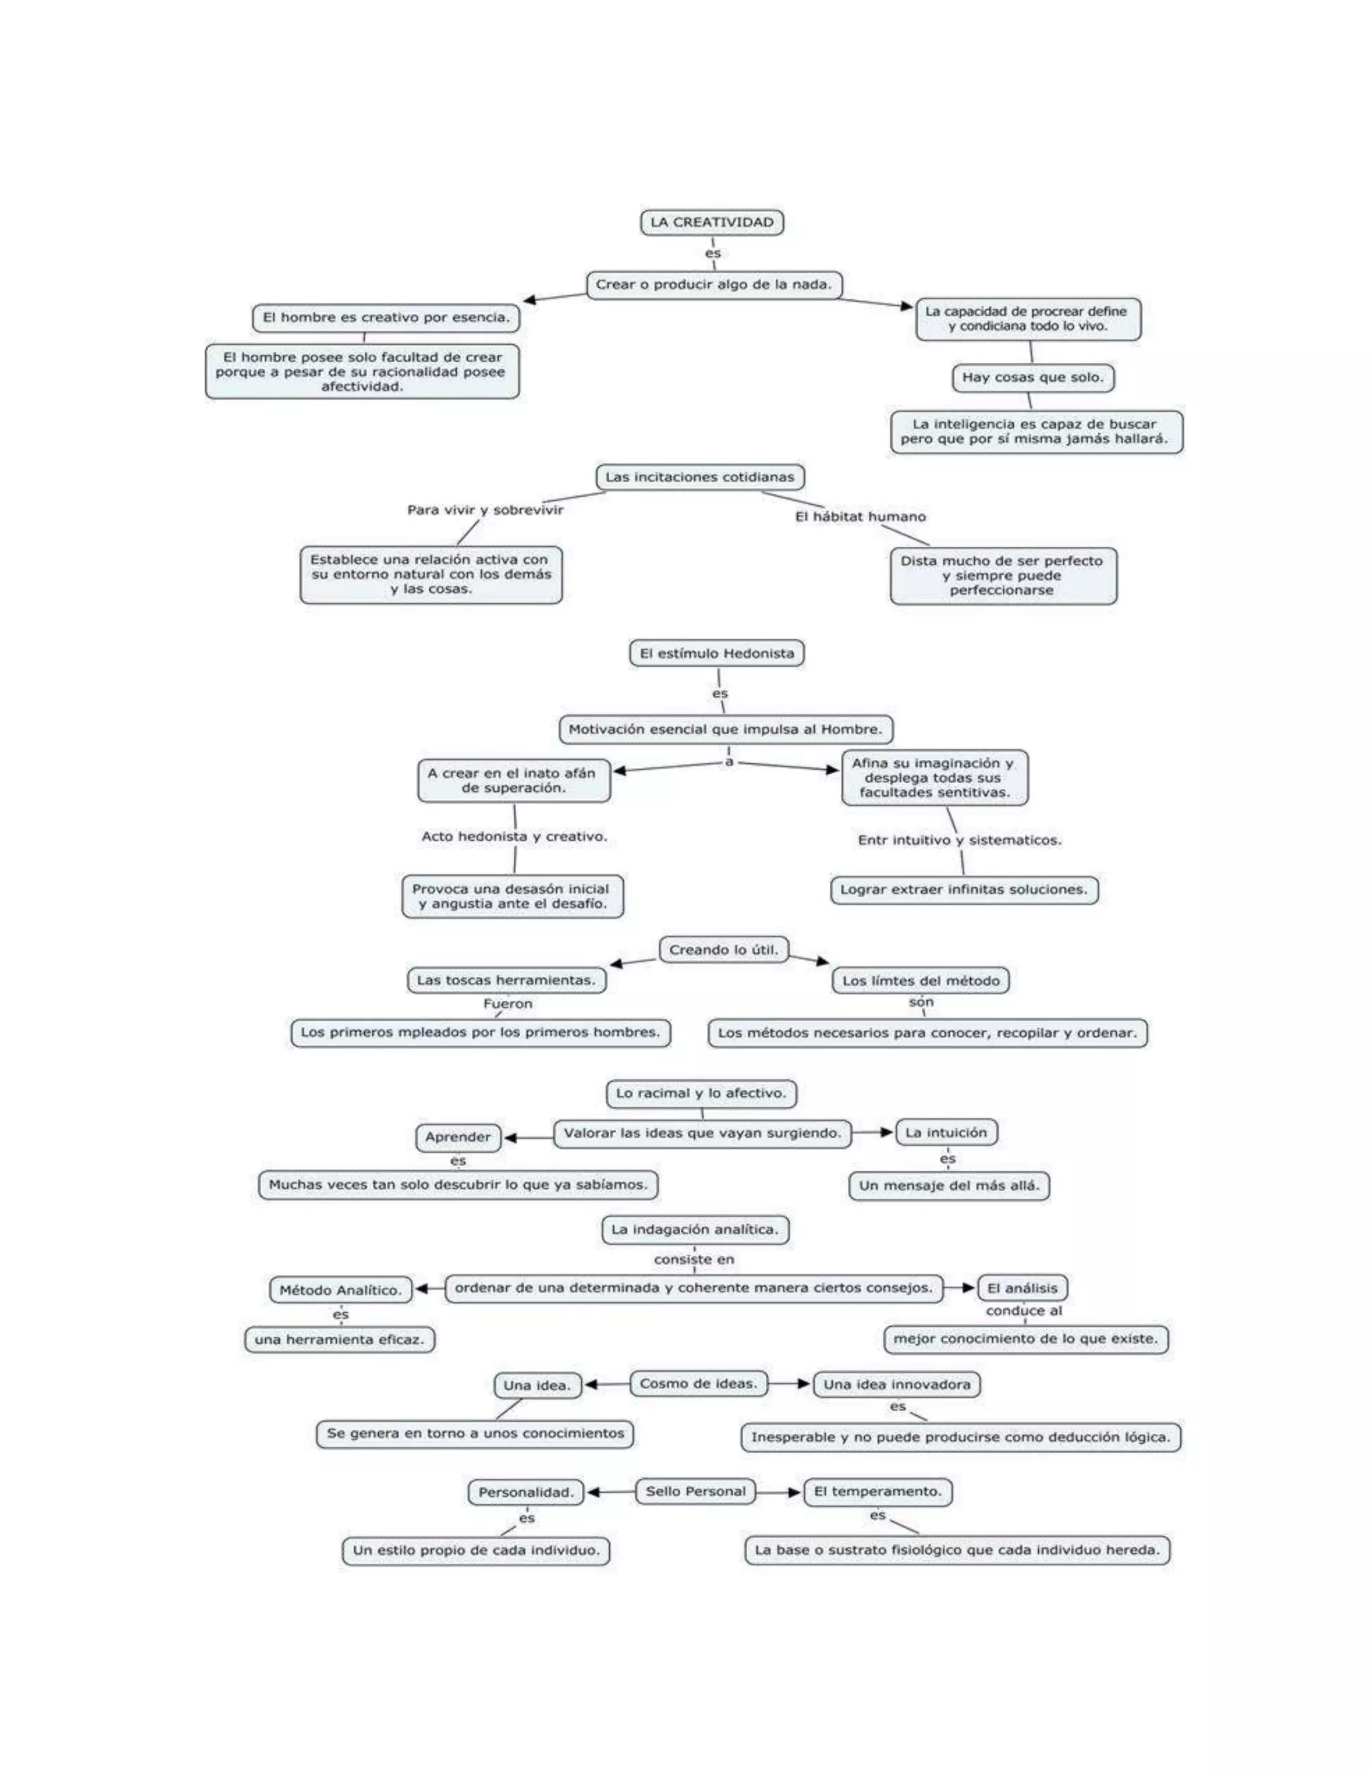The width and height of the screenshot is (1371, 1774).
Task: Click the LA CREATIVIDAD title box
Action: pyautogui.click(x=712, y=222)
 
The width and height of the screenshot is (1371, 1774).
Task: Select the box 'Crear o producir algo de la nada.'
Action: pyautogui.click(x=714, y=285)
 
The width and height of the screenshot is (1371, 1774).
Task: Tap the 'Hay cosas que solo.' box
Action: pyautogui.click(x=1032, y=378)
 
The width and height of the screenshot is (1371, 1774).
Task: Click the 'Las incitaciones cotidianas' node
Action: pyautogui.click(x=700, y=477)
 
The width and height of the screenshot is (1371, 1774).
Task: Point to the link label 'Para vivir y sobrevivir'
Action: pyautogui.click(x=485, y=510)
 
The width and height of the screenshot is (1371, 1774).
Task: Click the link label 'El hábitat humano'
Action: pyautogui.click(x=860, y=517)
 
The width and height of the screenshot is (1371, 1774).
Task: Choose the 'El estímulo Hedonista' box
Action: pyautogui.click(x=716, y=654)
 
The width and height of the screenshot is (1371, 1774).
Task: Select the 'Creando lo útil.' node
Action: pyautogui.click(x=723, y=949)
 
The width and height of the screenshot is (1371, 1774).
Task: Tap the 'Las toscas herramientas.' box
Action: pyautogui.click(x=506, y=981)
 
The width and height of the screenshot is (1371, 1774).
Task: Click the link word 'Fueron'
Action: pyautogui.click(x=507, y=1004)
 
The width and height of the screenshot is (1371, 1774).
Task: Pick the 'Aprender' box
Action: pyautogui.click(x=458, y=1137)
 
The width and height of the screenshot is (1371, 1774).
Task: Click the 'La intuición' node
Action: pyautogui.click(x=946, y=1132)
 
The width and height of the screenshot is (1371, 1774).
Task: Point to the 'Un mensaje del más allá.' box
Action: pyautogui.click(x=949, y=1186)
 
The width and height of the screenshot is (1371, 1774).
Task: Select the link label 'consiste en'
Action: pyautogui.click(x=694, y=1260)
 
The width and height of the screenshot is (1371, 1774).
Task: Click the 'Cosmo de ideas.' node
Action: pyautogui.click(x=698, y=1383)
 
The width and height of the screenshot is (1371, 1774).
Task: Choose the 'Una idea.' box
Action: pyautogui.click(x=537, y=1386)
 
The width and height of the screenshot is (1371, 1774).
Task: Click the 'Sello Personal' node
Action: pyautogui.click(x=696, y=1491)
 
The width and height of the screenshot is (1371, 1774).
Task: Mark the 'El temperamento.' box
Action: pyautogui.click(x=877, y=1491)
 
